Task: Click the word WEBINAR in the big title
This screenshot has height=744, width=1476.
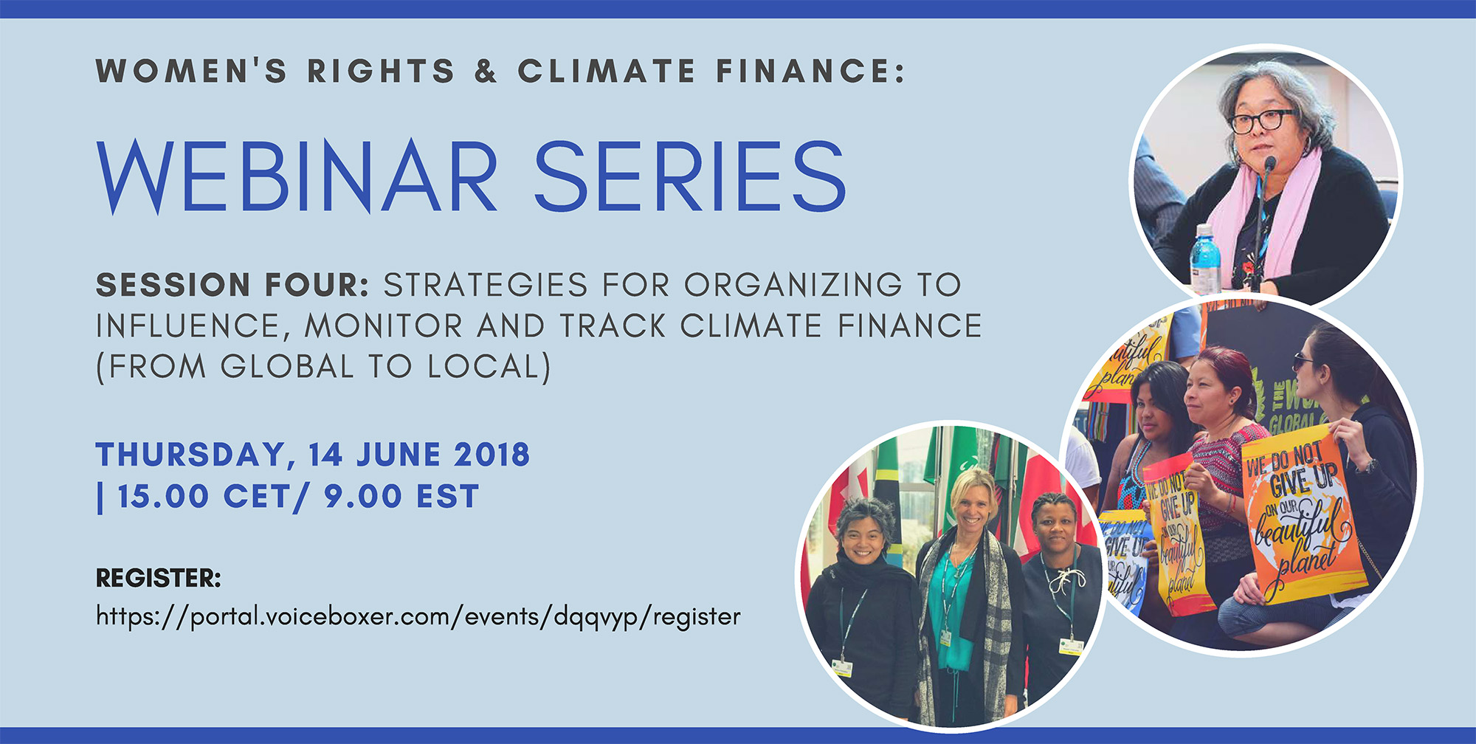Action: pyautogui.click(x=297, y=176)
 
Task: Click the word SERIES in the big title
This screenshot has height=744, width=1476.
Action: pyautogui.click(x=690, y=176)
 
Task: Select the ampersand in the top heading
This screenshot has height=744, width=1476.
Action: pyautogui.click(x=486, y=71)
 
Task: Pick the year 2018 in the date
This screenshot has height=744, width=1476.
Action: pyautogui.click(x=492, y=455)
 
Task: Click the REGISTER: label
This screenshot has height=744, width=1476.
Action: pyautogui.click(x=159, y=578)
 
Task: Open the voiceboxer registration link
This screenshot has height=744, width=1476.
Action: pyautogui.click(x=418, y=617)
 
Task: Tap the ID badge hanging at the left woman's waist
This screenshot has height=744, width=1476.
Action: pyautogui.click(x=841, y=667)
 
